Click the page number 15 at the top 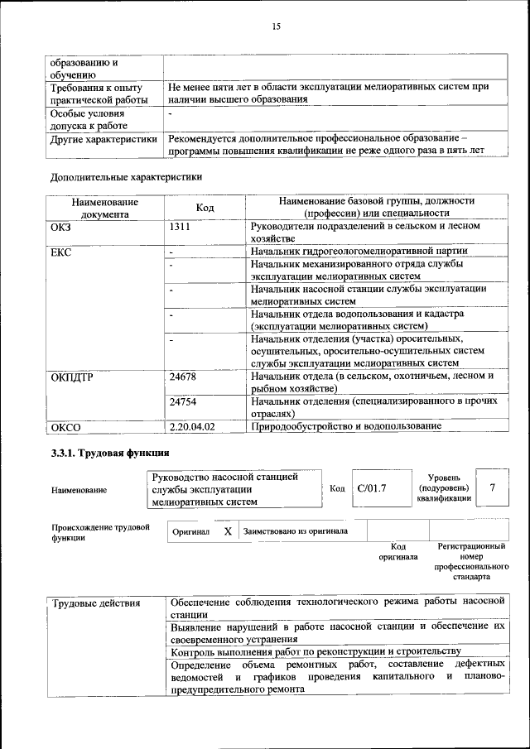point(276,26)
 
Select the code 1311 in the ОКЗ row point(181,226)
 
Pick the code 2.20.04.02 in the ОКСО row point(191,426)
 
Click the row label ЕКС point(61,252)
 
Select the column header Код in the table point(205,208)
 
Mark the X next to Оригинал point(227,531)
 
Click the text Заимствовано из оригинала point(296,531)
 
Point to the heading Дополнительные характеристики point(126,176)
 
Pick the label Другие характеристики point(104,140)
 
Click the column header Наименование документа point(104,208)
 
